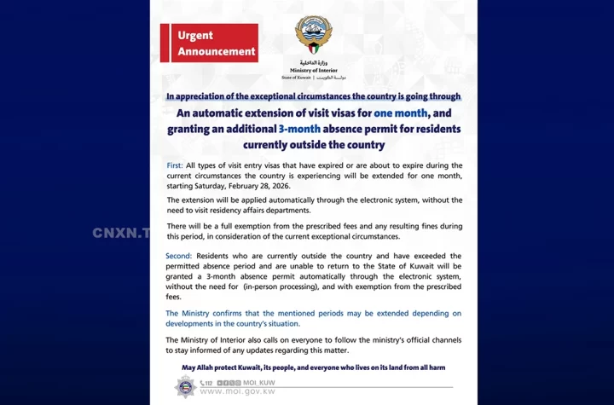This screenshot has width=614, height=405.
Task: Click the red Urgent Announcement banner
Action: (x=209, y=43)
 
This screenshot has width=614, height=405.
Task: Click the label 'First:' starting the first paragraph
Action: (x=178, y=165)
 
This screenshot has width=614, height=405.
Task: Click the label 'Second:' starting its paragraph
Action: (x=184, y=256)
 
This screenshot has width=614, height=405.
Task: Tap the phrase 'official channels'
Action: (x=425, y=339)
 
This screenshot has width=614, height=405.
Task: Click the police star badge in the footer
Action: (x=185, y=387)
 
